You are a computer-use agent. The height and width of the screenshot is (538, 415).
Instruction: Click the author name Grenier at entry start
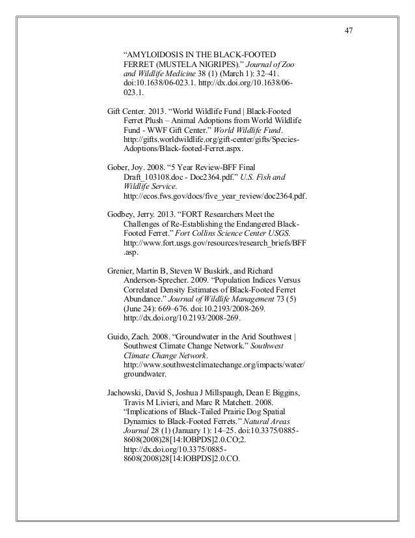coord(120,270)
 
